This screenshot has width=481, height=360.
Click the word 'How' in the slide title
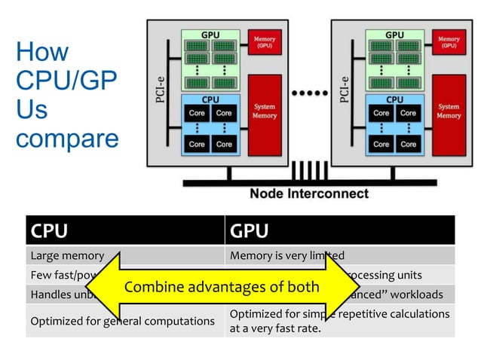(41, 53)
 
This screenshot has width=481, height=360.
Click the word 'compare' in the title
(67, 139)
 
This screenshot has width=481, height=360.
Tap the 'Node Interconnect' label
(309, 194)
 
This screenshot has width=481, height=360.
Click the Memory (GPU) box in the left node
(265, 42)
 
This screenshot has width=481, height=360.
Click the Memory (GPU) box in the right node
(449, 42)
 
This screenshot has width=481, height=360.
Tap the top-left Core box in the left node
(197, 113)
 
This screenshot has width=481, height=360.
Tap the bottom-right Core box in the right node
(408, 144)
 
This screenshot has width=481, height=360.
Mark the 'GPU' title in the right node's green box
(394, 35)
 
